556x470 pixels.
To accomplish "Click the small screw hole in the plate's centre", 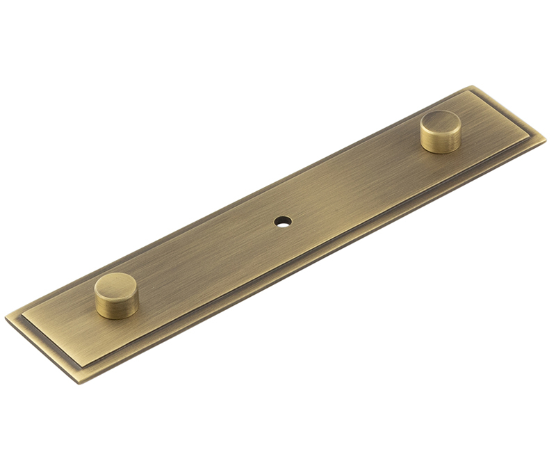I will tap(282, 222).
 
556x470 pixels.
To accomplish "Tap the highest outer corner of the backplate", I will tap(472, 86).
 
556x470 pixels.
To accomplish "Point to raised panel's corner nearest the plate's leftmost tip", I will tap(22, 319).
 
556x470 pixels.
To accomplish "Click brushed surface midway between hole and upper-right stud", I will tap(361, 182).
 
